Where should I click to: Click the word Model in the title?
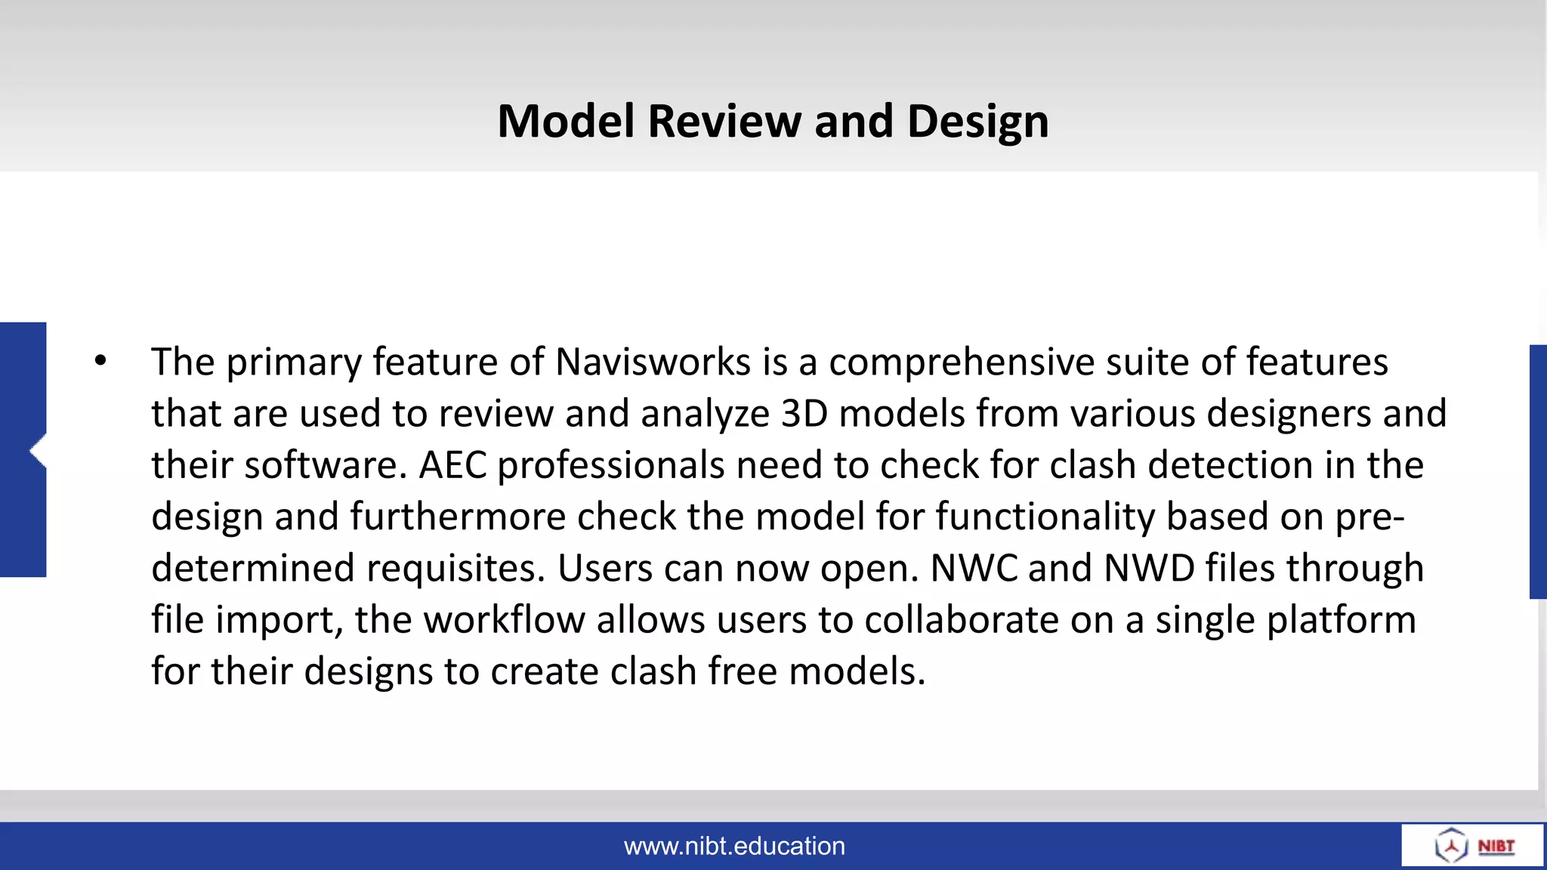tap(566, 122)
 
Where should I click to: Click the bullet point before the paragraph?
tap(101, 361)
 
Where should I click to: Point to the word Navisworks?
tap(653, 362)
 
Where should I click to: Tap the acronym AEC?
tap(452, 465)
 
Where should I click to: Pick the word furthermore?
tap(458, 517)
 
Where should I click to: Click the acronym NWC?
tap(973, 569)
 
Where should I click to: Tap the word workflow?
tap(504, 620)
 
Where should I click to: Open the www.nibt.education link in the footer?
tap(734, 847)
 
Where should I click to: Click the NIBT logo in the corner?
tap(1473, 846)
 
